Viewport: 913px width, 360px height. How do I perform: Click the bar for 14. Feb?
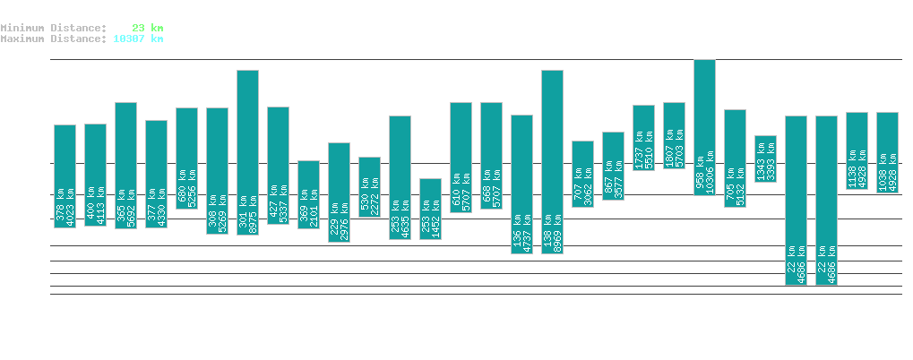pyautogui.click(x=247, y=152)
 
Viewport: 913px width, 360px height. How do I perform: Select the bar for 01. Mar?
pyautogui.click(x=704, y=127)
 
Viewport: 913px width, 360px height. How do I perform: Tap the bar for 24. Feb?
pyautogui.click(x=552, y=161)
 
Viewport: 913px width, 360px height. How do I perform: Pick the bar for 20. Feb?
pyautogui.click(x=430, y=209)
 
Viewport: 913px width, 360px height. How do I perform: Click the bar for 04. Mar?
pyautogui.click(x=796, y=200)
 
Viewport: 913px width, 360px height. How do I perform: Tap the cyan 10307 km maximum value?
pyautogui.click(x=138, y=39)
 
